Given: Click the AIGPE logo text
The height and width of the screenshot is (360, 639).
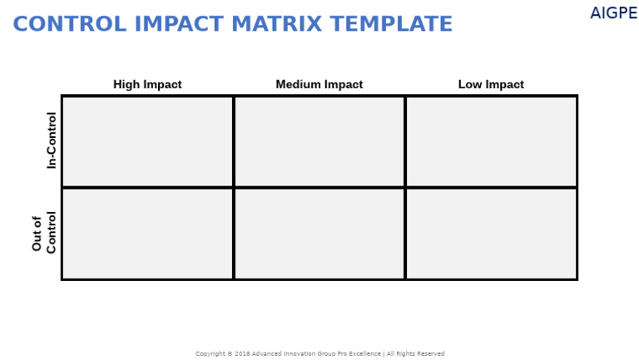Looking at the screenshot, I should [x=613, y=14].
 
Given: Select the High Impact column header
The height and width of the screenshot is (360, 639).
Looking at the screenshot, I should [x=147, y=85].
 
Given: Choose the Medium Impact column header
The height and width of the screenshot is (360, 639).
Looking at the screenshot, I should [x=319, y=85].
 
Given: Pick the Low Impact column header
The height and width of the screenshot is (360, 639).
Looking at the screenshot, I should [x=491, y=85].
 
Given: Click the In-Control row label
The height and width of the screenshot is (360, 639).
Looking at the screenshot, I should [x=52, y=141].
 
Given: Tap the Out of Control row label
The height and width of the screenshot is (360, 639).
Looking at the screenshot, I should [x=44, y=233].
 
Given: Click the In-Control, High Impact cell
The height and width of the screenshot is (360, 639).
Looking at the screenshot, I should [x=147, y=141].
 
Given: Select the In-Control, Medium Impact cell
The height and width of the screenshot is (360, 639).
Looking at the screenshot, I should [x=319, y=141].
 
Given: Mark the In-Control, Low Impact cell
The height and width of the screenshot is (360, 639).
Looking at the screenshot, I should [x=491, y=141].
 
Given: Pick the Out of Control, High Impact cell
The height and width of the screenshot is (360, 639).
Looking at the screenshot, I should [x=147, y=234].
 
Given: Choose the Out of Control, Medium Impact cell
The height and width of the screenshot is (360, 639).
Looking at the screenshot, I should [x=319, y=234].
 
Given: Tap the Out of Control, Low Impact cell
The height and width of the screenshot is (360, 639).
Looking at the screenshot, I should [x=491, y=234].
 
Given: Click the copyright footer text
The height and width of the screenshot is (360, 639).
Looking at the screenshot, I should [x=319, y=354].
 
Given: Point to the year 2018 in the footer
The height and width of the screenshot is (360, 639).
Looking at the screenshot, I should [x=242, y=354].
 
